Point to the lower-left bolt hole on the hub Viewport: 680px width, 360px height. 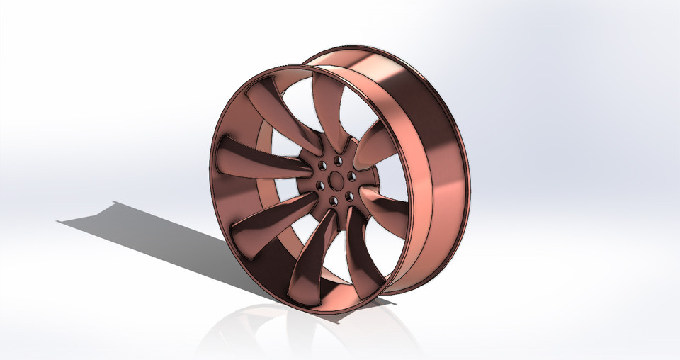(x=319, y=186)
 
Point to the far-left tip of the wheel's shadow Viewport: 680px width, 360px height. (x=58, y=222)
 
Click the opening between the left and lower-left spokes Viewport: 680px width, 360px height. (x=241, y=191)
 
